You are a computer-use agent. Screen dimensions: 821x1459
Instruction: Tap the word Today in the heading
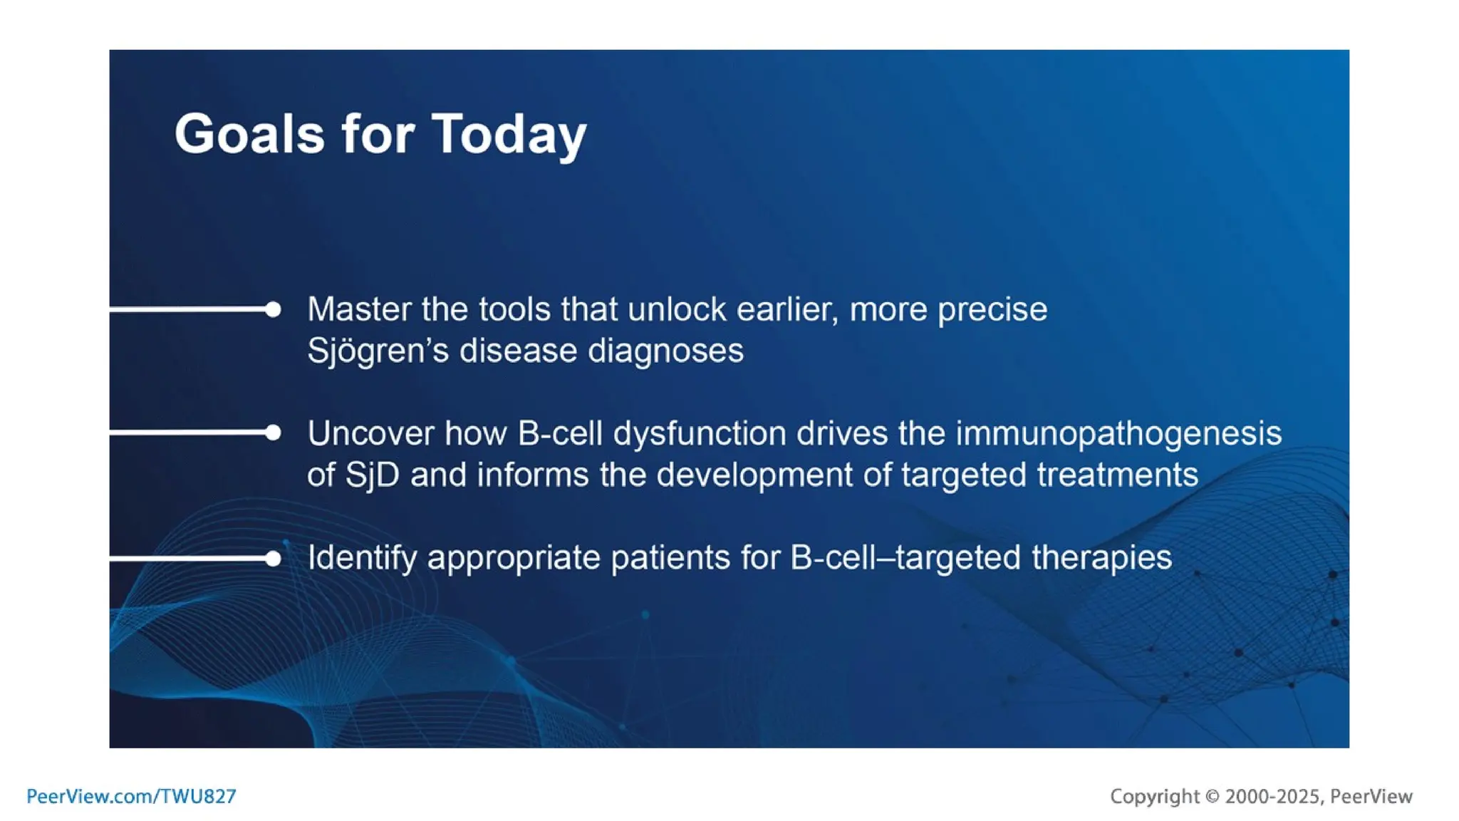(509, 134)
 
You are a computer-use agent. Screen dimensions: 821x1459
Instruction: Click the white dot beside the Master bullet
(273, 309)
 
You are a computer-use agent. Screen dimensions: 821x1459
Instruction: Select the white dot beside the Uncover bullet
(273, 433)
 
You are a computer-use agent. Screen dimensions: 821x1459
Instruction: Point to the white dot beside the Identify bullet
(273, 559)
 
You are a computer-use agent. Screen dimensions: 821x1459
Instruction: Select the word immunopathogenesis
(1118, 433)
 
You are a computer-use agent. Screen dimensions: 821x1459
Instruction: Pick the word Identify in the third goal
(362, 557)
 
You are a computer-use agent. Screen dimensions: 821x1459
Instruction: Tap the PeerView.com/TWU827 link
(131, 796)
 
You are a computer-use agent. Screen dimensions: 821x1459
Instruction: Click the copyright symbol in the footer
(1212, 796)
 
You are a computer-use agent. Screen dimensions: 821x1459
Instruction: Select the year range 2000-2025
(1272, 796)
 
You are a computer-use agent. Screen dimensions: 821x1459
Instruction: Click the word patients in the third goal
(670, 557)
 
